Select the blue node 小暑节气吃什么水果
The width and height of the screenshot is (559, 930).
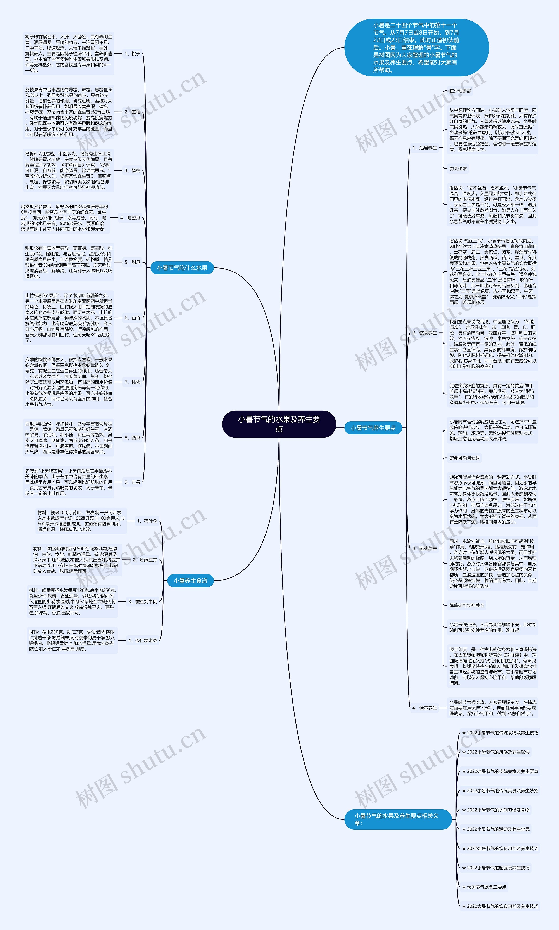point(182,268)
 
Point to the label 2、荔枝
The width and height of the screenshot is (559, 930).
point(133,112)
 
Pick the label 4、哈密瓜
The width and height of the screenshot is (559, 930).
point(130,218)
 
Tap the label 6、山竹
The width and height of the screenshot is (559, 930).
point(133,318)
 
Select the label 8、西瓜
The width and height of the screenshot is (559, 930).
point(133,438)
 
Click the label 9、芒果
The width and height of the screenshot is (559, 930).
point(133,482)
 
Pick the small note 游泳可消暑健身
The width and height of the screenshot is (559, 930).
point(464,458)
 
